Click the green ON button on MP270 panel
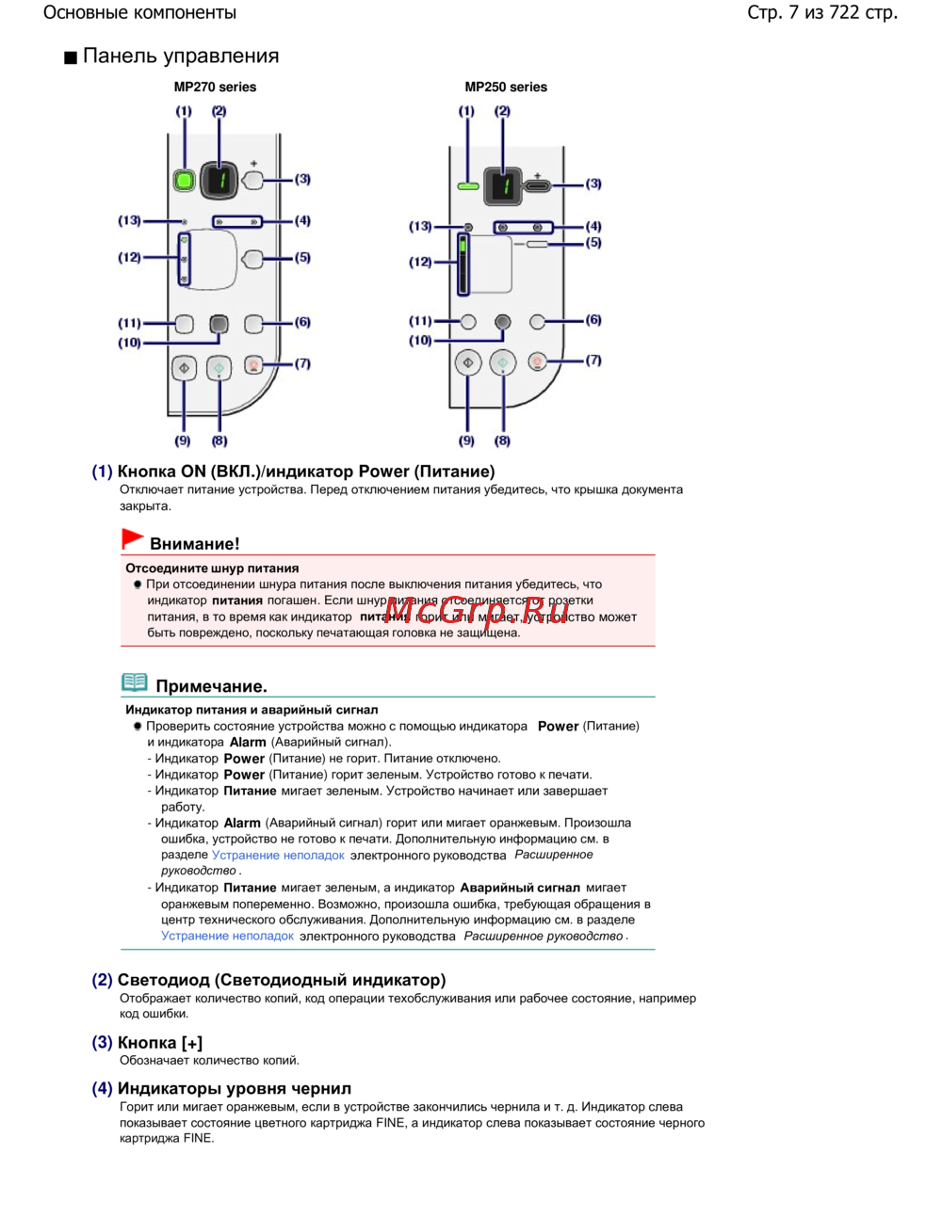tap(184, 180)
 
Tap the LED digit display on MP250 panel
tap(503, 185)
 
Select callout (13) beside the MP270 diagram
tap(129, 220)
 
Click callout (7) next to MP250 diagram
tap(593, 361)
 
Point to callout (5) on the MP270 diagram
tap(302, 257)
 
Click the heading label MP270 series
tap(215, 87)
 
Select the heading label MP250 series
tap(506, 87)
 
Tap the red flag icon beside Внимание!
tap(132, 539)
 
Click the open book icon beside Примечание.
tap(135, 682)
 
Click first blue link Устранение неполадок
tap(278, 855)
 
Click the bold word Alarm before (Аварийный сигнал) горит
tap(241, 823)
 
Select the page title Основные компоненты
tap(139, 13)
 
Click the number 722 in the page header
tap(844, 12)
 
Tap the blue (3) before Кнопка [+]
tap(102, 1042)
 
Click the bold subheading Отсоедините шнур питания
tap(212, 569)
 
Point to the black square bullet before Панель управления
tap(71, 58)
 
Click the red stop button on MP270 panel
tap(253, 365)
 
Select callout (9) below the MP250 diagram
tap(466, 441)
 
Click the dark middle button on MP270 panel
tap(219, 324)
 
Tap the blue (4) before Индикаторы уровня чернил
tap(102, 1088)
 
